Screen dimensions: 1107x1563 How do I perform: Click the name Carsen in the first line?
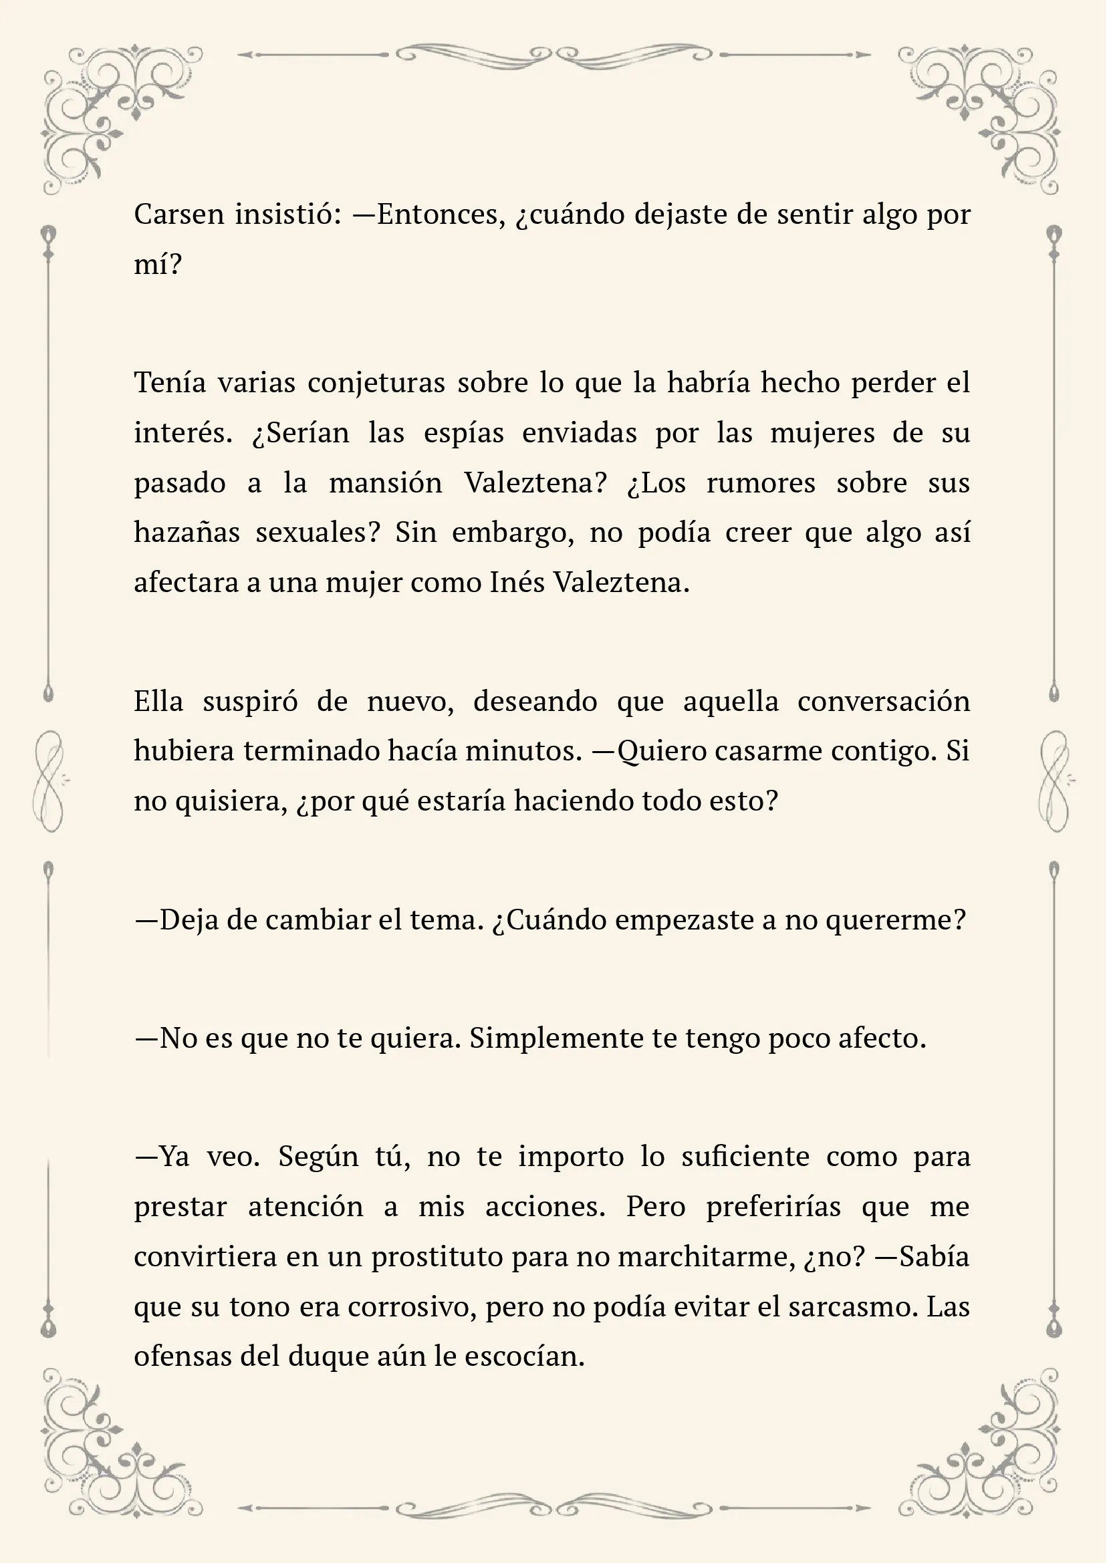(178, 215)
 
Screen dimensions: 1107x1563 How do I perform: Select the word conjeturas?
(376, 383)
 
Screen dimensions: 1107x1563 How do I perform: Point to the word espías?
(463, 433)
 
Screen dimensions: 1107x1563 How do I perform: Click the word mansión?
(385, 483)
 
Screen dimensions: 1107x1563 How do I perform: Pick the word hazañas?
(186, 533)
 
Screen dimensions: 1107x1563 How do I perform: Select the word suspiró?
(250, 701)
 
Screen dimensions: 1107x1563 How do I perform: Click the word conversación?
(884, 701)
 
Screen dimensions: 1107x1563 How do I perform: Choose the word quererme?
(896, 919)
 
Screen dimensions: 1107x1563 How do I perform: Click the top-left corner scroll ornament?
(112, 112)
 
